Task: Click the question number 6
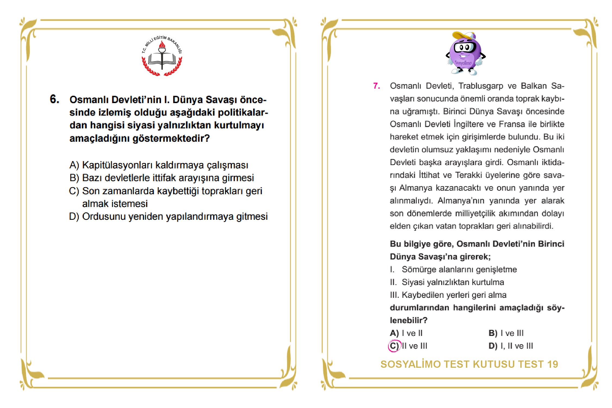click(x=54, y=99)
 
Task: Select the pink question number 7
click(x=376, y=86)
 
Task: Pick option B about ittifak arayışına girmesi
click(x=162, y=178)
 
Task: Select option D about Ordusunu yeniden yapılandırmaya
click(x=168, y=217)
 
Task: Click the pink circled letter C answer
click(x=394, y=346)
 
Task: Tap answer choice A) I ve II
click(x=406, y=333)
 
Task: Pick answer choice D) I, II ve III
click(x=511, y=346)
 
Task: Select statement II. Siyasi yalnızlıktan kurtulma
click(x=447, y=282)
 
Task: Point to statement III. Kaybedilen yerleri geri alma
click(x=448, y=295)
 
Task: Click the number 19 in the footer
click(x=552, y=364)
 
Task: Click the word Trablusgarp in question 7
click(x=481, y=86)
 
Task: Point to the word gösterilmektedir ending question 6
click(x=171, y=138)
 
